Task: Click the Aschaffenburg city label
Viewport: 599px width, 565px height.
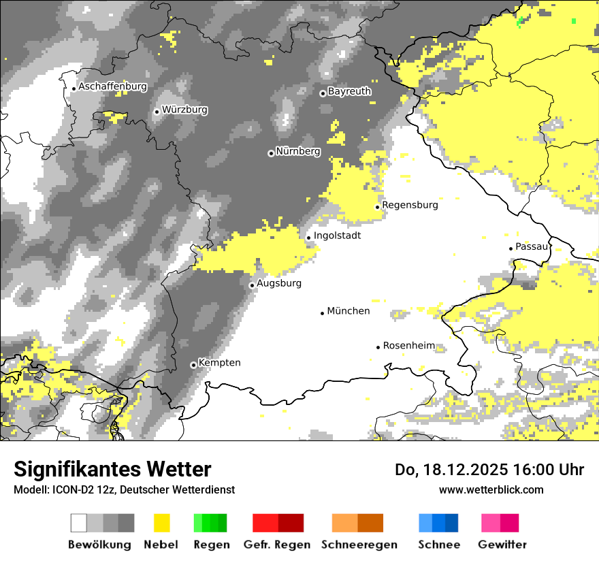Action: coord(112,87)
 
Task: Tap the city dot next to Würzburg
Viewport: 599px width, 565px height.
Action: coord(157,112)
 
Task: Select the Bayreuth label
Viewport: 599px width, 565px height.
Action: coord(349,91)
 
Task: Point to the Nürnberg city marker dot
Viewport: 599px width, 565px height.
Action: coord(271,153)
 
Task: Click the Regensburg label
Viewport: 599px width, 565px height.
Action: coord(410,205)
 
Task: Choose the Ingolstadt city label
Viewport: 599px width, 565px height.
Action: coord(337,236)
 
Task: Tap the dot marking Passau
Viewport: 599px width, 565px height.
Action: coord(511,248)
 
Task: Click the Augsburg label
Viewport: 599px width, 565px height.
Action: coord(278,283)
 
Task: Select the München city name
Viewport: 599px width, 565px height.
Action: coord(349,311)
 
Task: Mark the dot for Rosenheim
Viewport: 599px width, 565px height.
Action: coord(378,347)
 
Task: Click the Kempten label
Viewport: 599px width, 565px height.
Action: coord(219,363)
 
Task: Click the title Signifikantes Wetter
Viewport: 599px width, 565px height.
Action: coord(112,470)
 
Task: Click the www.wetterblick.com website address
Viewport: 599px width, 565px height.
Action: coord(491,489)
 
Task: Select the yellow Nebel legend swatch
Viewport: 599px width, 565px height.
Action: coord(161,523)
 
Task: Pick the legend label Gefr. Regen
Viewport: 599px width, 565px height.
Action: coord(277,545)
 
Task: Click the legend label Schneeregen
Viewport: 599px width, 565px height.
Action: coord(359,545)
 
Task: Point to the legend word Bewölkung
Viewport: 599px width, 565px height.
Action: coord(99,545)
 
